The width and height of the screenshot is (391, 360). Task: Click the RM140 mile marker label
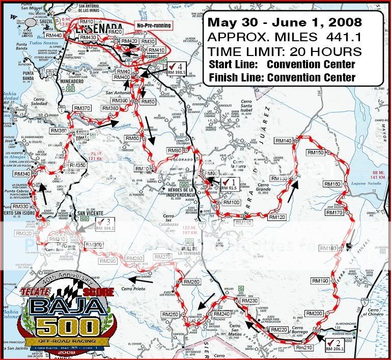pyautogui.click(x=284, y=141)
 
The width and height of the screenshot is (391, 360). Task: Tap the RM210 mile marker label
pyautogui.click(x=304, y=348)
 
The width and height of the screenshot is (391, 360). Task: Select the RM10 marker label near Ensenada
pyautogui.click(x=86, y=22)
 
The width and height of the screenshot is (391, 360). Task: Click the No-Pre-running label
pyautogui.click(x=153, y=25)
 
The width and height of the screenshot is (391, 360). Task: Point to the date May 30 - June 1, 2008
pyautogui.click(x=285, y=23)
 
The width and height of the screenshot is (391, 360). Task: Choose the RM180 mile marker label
pyautogui.click(x=328, y=248)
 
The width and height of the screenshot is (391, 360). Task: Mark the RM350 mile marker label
pyautogui.click(x=77, y=165)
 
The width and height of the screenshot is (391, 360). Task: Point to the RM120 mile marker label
pyautogui.click(x=278, y=217)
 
